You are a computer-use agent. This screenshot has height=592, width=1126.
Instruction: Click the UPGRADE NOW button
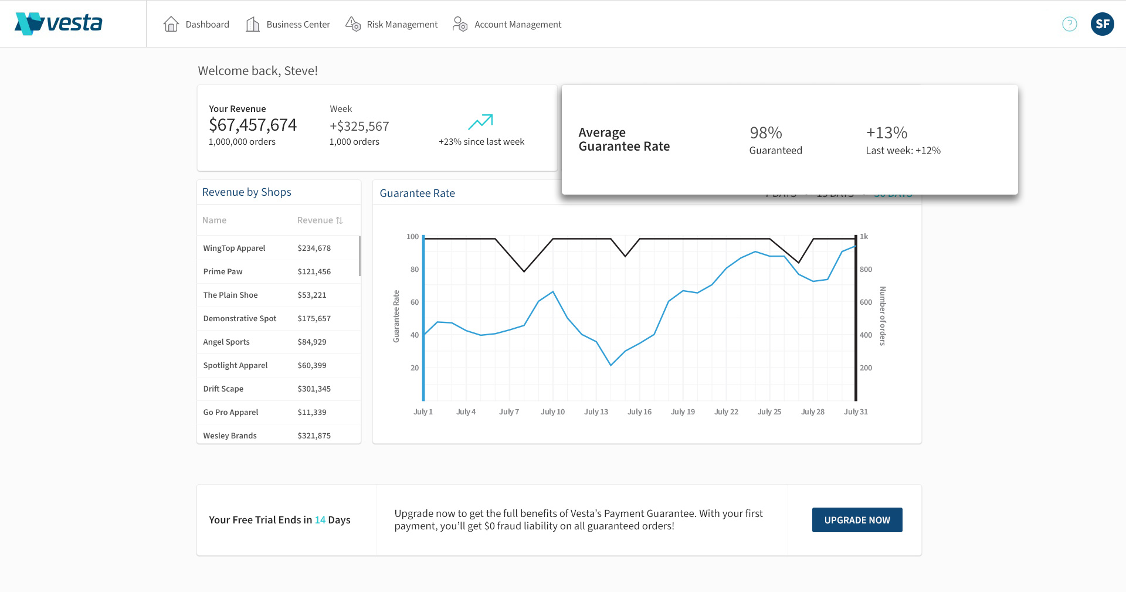coord(857,520)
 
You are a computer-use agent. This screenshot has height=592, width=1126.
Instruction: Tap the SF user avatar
coord(1102,24)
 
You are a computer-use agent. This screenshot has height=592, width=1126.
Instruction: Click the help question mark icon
coord(1069,24)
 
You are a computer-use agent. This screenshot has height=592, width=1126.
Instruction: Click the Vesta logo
coord(59,23)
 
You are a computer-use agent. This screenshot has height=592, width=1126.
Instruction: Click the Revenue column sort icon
coord(339,220)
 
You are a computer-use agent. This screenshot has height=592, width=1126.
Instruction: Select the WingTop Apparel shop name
coord(234,248)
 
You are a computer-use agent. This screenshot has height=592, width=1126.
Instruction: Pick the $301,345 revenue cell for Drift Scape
coord(314,389)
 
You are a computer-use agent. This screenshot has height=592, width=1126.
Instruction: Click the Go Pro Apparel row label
coord(230,412)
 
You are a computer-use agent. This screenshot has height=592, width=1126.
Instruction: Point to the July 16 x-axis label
coord(639,411)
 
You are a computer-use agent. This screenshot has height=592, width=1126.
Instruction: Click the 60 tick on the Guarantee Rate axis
coord(415,302)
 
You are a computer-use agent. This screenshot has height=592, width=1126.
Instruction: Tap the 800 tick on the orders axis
coord(866,269)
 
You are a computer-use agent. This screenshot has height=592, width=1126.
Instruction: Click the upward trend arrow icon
coord(480,122)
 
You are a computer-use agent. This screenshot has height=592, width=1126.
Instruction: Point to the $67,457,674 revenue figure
coord(252,125)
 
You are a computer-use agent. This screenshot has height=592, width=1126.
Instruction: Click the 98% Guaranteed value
coord(765,133)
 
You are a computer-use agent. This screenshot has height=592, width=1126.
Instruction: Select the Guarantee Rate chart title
coord(417,193)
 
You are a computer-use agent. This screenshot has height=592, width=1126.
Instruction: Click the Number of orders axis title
coord(882,316)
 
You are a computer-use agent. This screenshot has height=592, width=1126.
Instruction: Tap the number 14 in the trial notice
coord(320,520)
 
